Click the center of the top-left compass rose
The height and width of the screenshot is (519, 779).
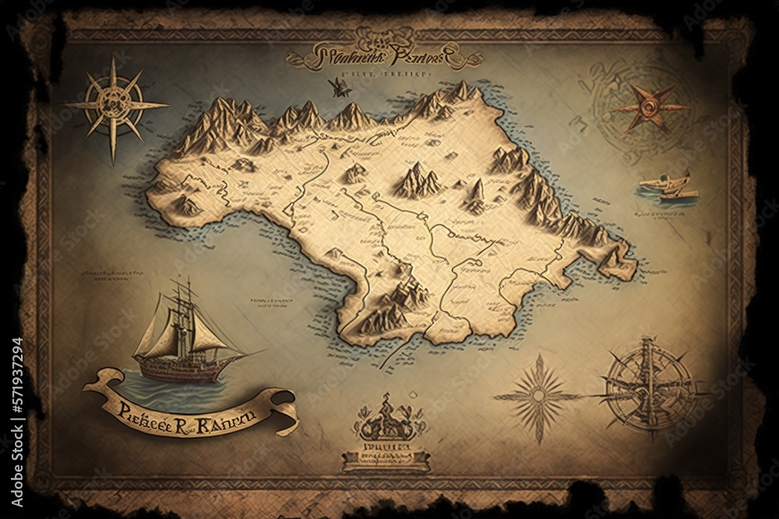115,105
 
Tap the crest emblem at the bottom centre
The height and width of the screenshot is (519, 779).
387,423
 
